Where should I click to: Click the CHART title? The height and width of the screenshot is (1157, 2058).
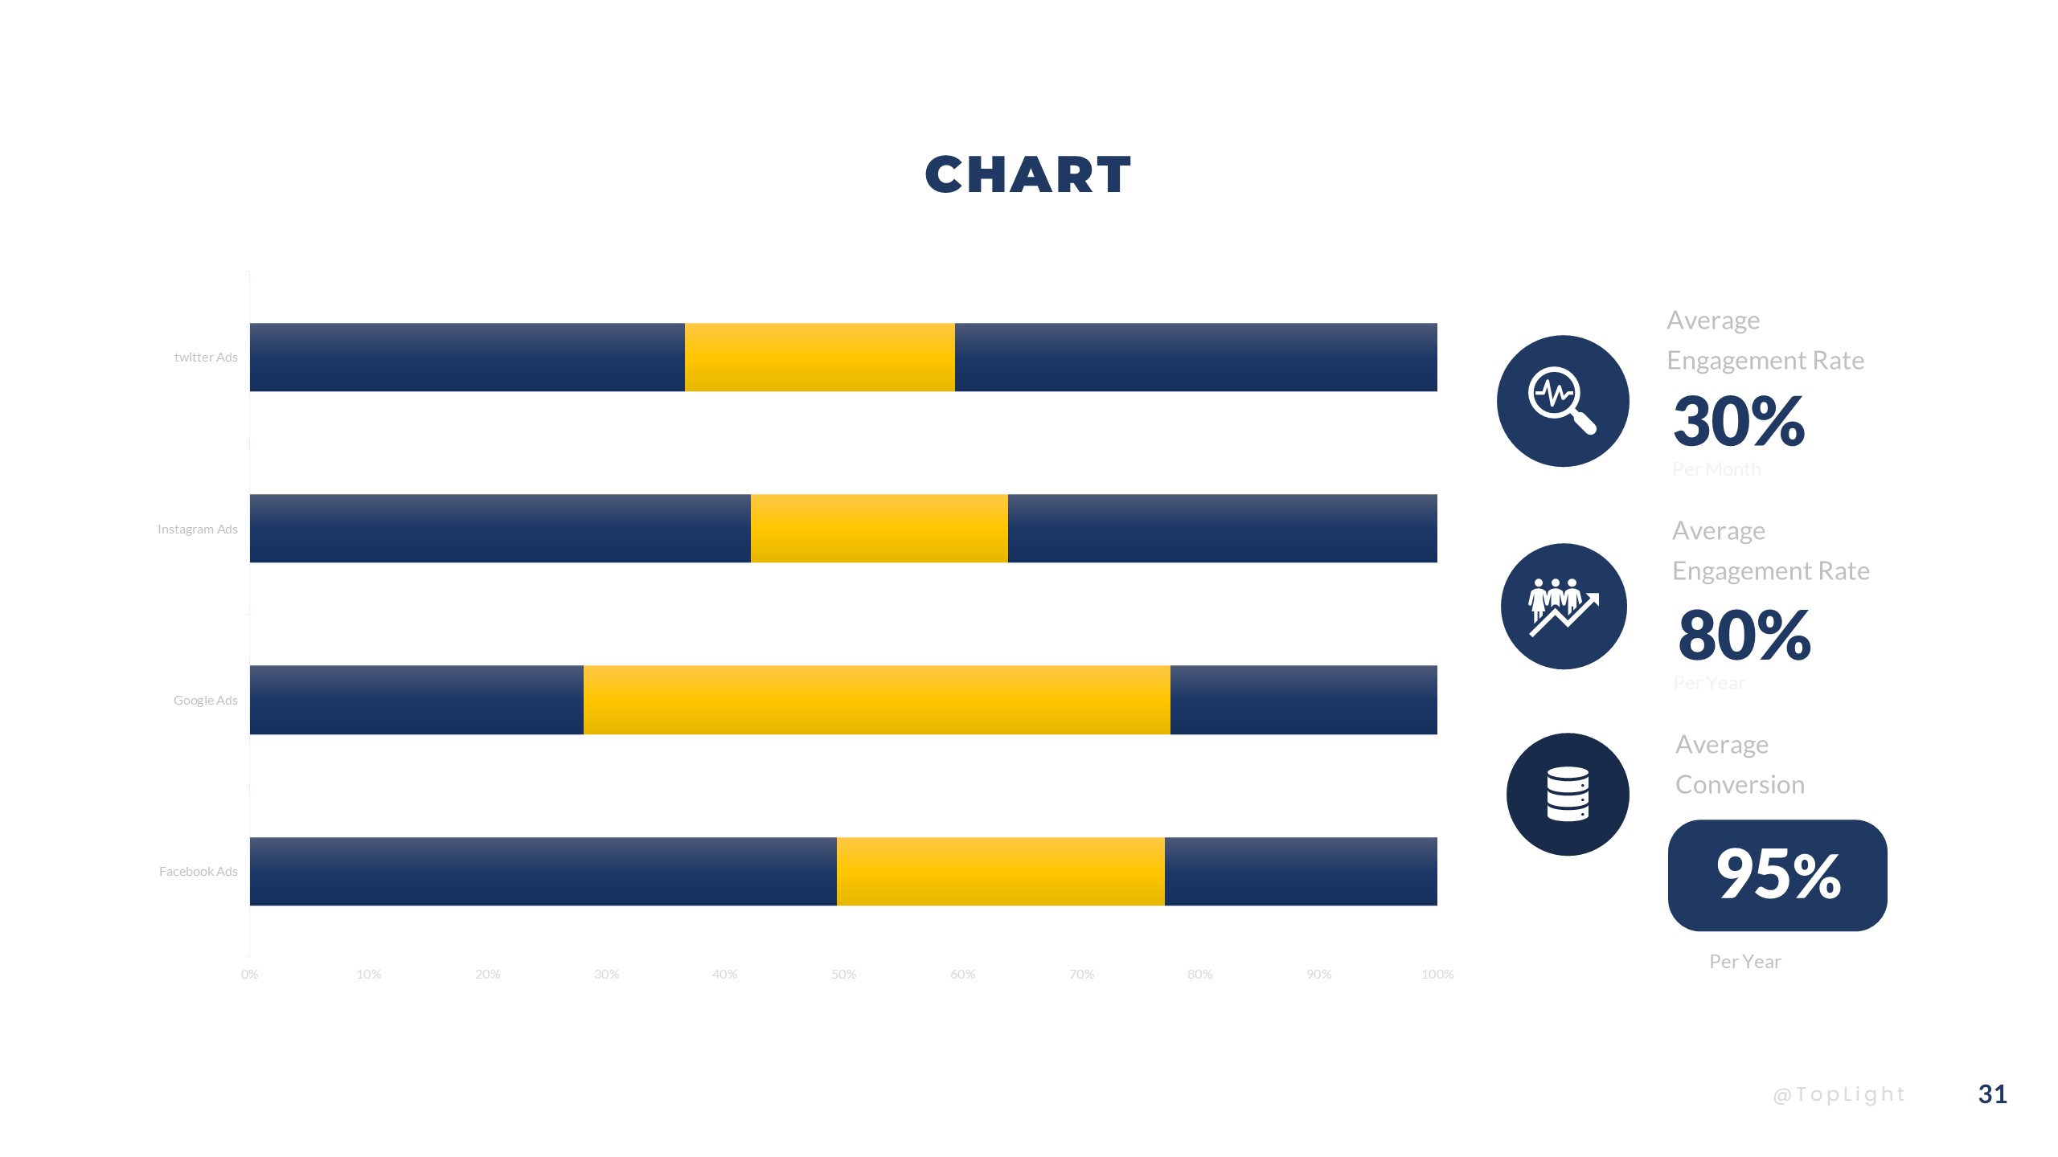(x=1027, y=175)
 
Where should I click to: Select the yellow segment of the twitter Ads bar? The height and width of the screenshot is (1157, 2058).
(x=819, y=358)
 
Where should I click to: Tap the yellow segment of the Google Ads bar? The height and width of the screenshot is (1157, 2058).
(x=876, y=700)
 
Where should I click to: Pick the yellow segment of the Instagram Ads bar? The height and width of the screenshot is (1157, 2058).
(x=879, y=529)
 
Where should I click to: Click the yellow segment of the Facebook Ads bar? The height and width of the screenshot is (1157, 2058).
(x=1000, y=872)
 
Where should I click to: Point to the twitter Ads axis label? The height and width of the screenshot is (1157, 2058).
(x=206, y=358)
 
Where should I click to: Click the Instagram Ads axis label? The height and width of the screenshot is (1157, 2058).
(x=198, y=529)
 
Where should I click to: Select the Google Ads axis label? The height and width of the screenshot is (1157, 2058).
(x=206, y=701)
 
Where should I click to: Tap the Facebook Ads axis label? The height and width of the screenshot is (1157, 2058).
(x=199, y=872)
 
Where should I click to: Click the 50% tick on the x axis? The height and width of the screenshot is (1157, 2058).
(x=843, y=975)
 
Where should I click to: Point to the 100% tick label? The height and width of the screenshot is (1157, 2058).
(x=1437, y=975)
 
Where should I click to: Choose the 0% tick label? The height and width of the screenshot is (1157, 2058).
(x=250, y=975)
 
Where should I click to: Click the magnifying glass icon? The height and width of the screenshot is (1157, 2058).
(x=1562, y=400)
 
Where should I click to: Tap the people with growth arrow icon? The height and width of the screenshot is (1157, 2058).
(x=1563, y=607)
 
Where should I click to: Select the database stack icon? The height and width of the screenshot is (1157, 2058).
(x=1567, y=794)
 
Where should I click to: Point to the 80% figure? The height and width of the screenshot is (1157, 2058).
(x=1744, y=635)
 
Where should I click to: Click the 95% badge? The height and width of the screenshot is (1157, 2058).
(x=1777, y=875)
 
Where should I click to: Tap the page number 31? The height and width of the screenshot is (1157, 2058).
(x=1992, y=1094)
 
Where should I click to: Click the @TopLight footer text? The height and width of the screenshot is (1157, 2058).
(x=1839, y=1095)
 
